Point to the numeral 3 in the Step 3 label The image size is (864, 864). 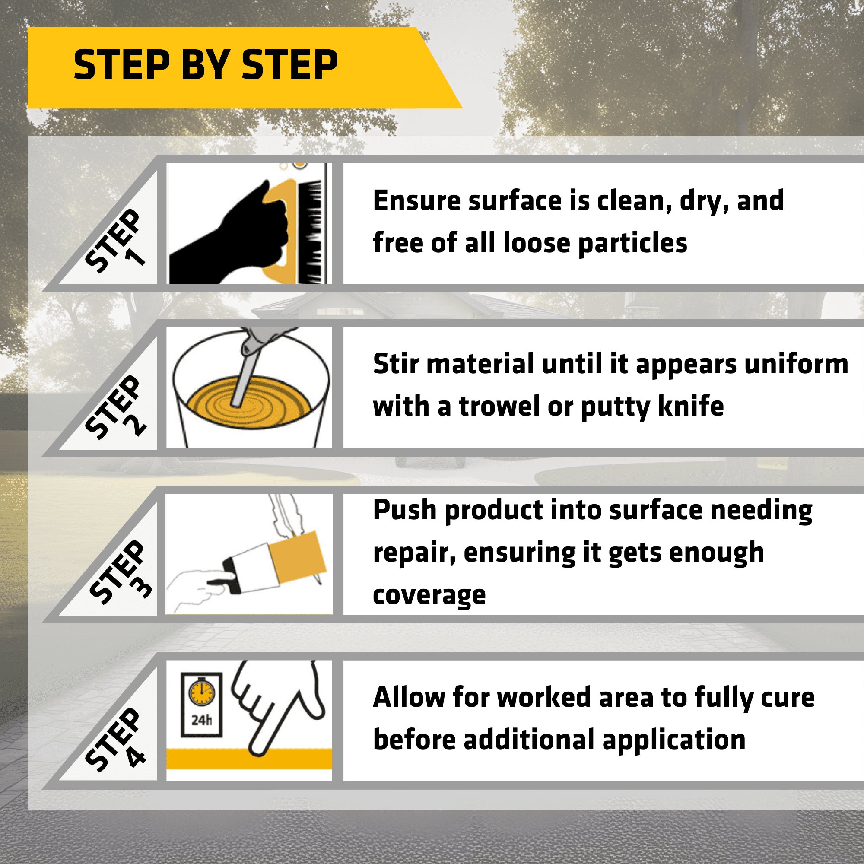(x=141, y=586)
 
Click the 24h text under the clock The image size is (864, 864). (x=202, y=721)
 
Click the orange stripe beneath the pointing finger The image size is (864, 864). (x=249, y=759)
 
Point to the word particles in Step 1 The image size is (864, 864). (x=632, y=244)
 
